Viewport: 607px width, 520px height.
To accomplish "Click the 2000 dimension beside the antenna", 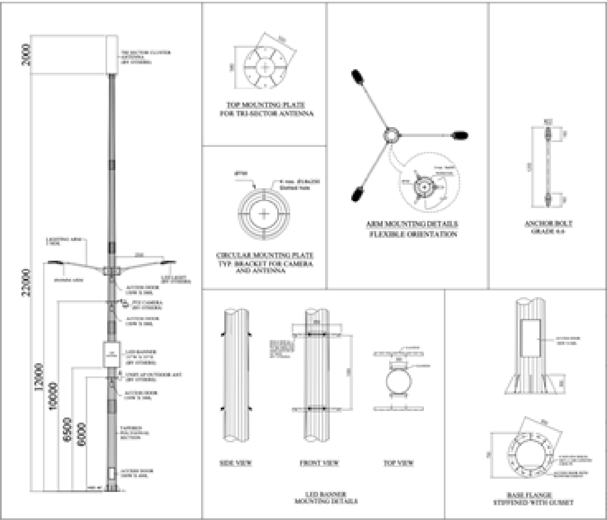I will [x=26, y=55].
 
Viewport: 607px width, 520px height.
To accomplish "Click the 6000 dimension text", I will [x=82, y=435].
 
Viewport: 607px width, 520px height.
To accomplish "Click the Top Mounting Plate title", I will [x=266, y=105].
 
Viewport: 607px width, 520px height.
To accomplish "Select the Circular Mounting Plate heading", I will [x=265, y=255].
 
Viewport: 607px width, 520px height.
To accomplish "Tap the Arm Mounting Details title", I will [x=412, y=224].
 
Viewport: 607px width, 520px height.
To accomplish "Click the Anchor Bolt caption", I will [x=548, y=224].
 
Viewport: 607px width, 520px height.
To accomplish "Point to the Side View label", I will [x=236, y=463].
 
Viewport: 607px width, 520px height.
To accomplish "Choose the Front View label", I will [x=319, y=463].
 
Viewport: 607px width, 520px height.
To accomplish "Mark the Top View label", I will [x=398, y=463].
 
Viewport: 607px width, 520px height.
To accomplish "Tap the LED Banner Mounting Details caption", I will [x=326, y=497].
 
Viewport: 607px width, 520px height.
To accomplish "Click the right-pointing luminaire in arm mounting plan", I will [x=460, y=135].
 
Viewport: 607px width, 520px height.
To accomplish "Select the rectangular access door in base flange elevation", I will [x=530, y=338].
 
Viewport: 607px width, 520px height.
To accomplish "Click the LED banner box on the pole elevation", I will [x=112, y=354].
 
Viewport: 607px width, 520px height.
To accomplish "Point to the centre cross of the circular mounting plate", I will [x=264, y=214].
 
